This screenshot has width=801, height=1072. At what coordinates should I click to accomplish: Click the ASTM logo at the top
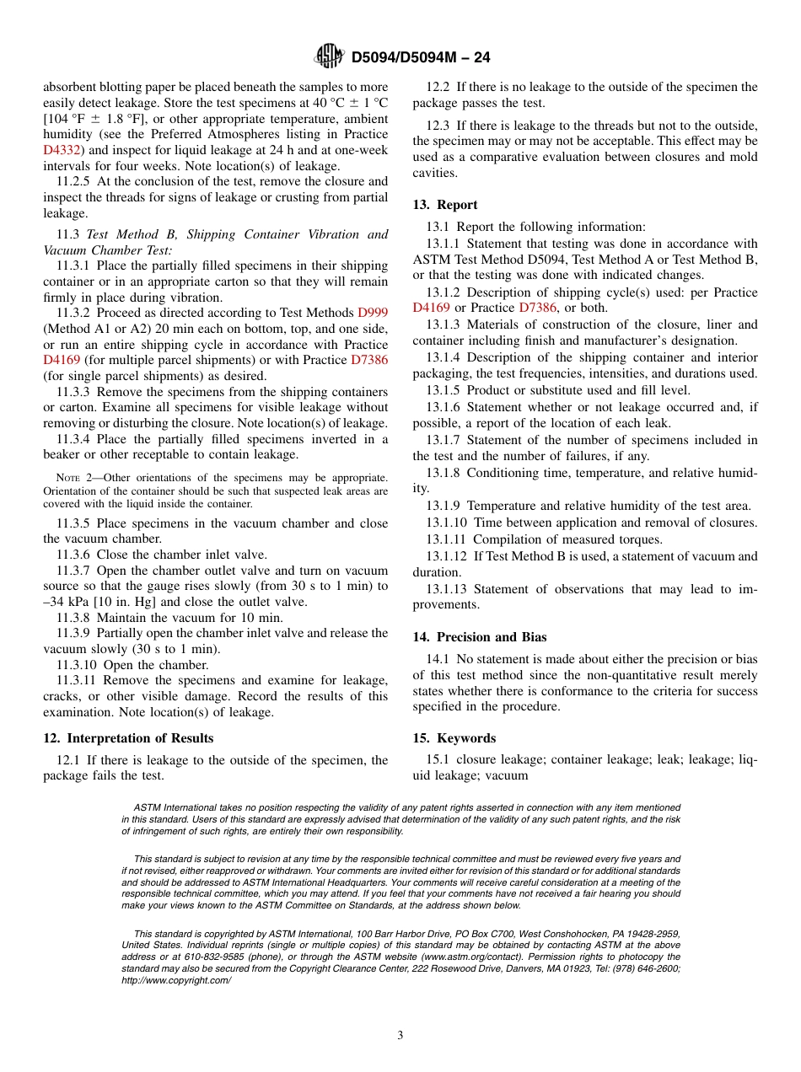(x=329, y=56)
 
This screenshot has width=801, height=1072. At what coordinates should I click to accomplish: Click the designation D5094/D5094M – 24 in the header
(x=420, y=57)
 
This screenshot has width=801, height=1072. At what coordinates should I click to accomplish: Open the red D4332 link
(x=62, y=150)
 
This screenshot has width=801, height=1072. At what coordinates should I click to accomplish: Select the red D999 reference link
(x=373, y=313)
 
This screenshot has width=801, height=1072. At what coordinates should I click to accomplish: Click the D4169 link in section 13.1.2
(x=431, y=308)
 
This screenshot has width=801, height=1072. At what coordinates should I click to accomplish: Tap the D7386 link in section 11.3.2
(x=369, y=360)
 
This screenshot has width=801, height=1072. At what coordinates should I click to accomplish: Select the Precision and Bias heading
(x=480, y=637)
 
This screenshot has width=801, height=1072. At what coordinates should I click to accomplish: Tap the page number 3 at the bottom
(x=400, y=1035)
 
